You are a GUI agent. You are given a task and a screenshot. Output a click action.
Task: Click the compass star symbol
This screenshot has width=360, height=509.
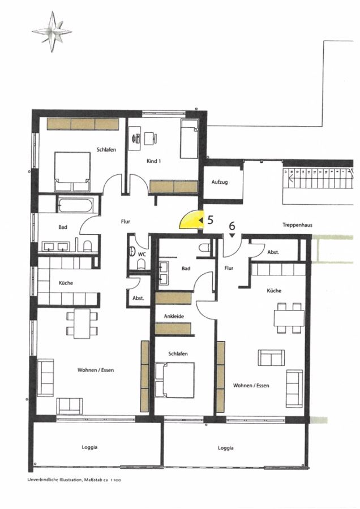pyautogui.click(x=52, y=32)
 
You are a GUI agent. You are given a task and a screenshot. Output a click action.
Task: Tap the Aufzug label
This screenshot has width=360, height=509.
pyautogui.click(x=220, y=182)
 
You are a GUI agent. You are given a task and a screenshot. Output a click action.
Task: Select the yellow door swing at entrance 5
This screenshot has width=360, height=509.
pyautogui.click(x=191, y=220)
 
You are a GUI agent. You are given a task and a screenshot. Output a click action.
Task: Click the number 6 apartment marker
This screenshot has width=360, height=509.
pyautogui.click(x=232, y=225)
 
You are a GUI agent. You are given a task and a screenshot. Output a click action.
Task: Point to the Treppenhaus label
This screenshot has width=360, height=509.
pyautogui.click(x=297, y=225)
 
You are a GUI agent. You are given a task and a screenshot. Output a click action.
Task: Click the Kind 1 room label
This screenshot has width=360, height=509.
pyautogui.click(x=154, y=161)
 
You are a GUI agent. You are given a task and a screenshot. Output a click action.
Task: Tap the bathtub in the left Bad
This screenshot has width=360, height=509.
pyautogui.click(x=76, y=205)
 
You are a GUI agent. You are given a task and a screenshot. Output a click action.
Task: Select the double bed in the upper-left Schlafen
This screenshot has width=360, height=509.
pyautogui.click(x=72, y=171)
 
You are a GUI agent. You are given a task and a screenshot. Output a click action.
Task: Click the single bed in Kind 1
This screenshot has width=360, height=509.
pyautogui.click(x=189, y=139)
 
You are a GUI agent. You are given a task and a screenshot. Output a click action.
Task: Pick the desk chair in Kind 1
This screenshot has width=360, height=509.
pyautogui.click(x=151, y=139)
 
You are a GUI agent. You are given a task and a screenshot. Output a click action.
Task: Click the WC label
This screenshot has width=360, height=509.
pyautogui.click(x=142, y=255)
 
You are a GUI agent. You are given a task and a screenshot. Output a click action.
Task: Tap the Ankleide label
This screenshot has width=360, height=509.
pyautogui.click(x=174, y=316)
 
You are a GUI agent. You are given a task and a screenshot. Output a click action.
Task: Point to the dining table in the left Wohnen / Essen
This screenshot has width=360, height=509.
pyautogui.click(x=82, y=323)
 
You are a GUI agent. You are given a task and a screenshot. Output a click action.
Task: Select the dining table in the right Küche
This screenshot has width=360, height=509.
pyautogui.click(x=289, y=318)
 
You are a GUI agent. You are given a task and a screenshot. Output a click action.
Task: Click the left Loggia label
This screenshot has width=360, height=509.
pyautogui.click(x=89, y=447)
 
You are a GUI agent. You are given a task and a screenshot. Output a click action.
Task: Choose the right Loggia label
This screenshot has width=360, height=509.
pyautogui.click(x=226, y=448)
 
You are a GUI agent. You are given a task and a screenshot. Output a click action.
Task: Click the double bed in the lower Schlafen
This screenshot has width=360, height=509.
pyautogui.click(x=175, y=380)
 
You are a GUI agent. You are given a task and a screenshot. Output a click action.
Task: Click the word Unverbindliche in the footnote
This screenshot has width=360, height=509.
pyautogui.click(x=41, y=480)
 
